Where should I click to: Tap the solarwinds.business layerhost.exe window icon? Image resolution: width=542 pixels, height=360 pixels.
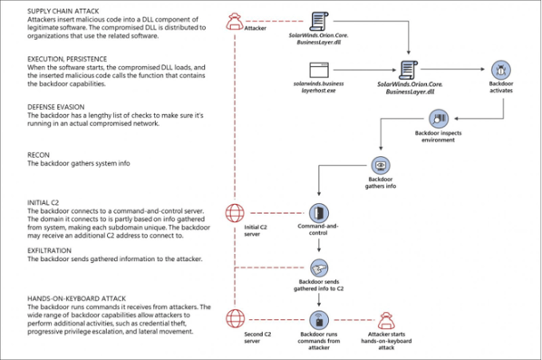tap(317, 69)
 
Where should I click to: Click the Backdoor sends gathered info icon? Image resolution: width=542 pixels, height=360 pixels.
tap(318, 268)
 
